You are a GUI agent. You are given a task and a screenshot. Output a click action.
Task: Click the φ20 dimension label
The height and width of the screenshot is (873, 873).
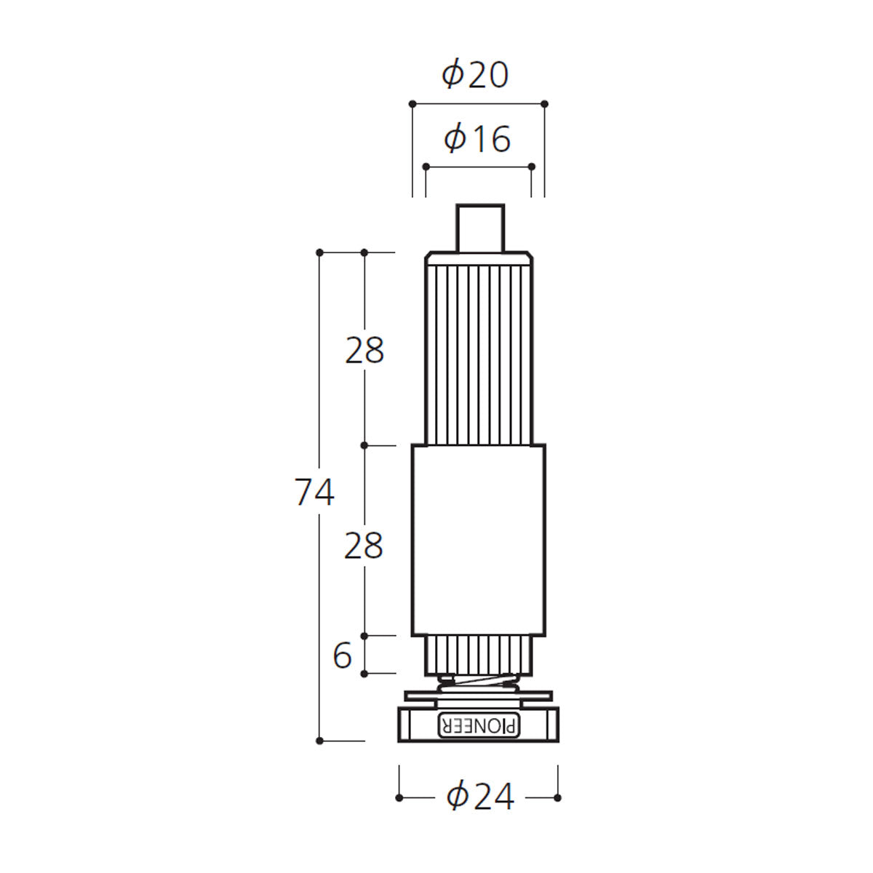(475, 76)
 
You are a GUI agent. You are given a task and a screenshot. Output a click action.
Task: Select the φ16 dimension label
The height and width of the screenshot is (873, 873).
(477, 139)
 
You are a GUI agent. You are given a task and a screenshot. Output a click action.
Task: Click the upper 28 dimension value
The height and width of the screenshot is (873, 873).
(364, 350)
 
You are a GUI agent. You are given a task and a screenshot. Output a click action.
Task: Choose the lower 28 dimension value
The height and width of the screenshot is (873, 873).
(363, 546)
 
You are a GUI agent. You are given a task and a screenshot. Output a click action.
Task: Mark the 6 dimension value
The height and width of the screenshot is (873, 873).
(342, 655)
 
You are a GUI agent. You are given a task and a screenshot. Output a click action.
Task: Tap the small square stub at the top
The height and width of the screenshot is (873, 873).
(480, 228)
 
